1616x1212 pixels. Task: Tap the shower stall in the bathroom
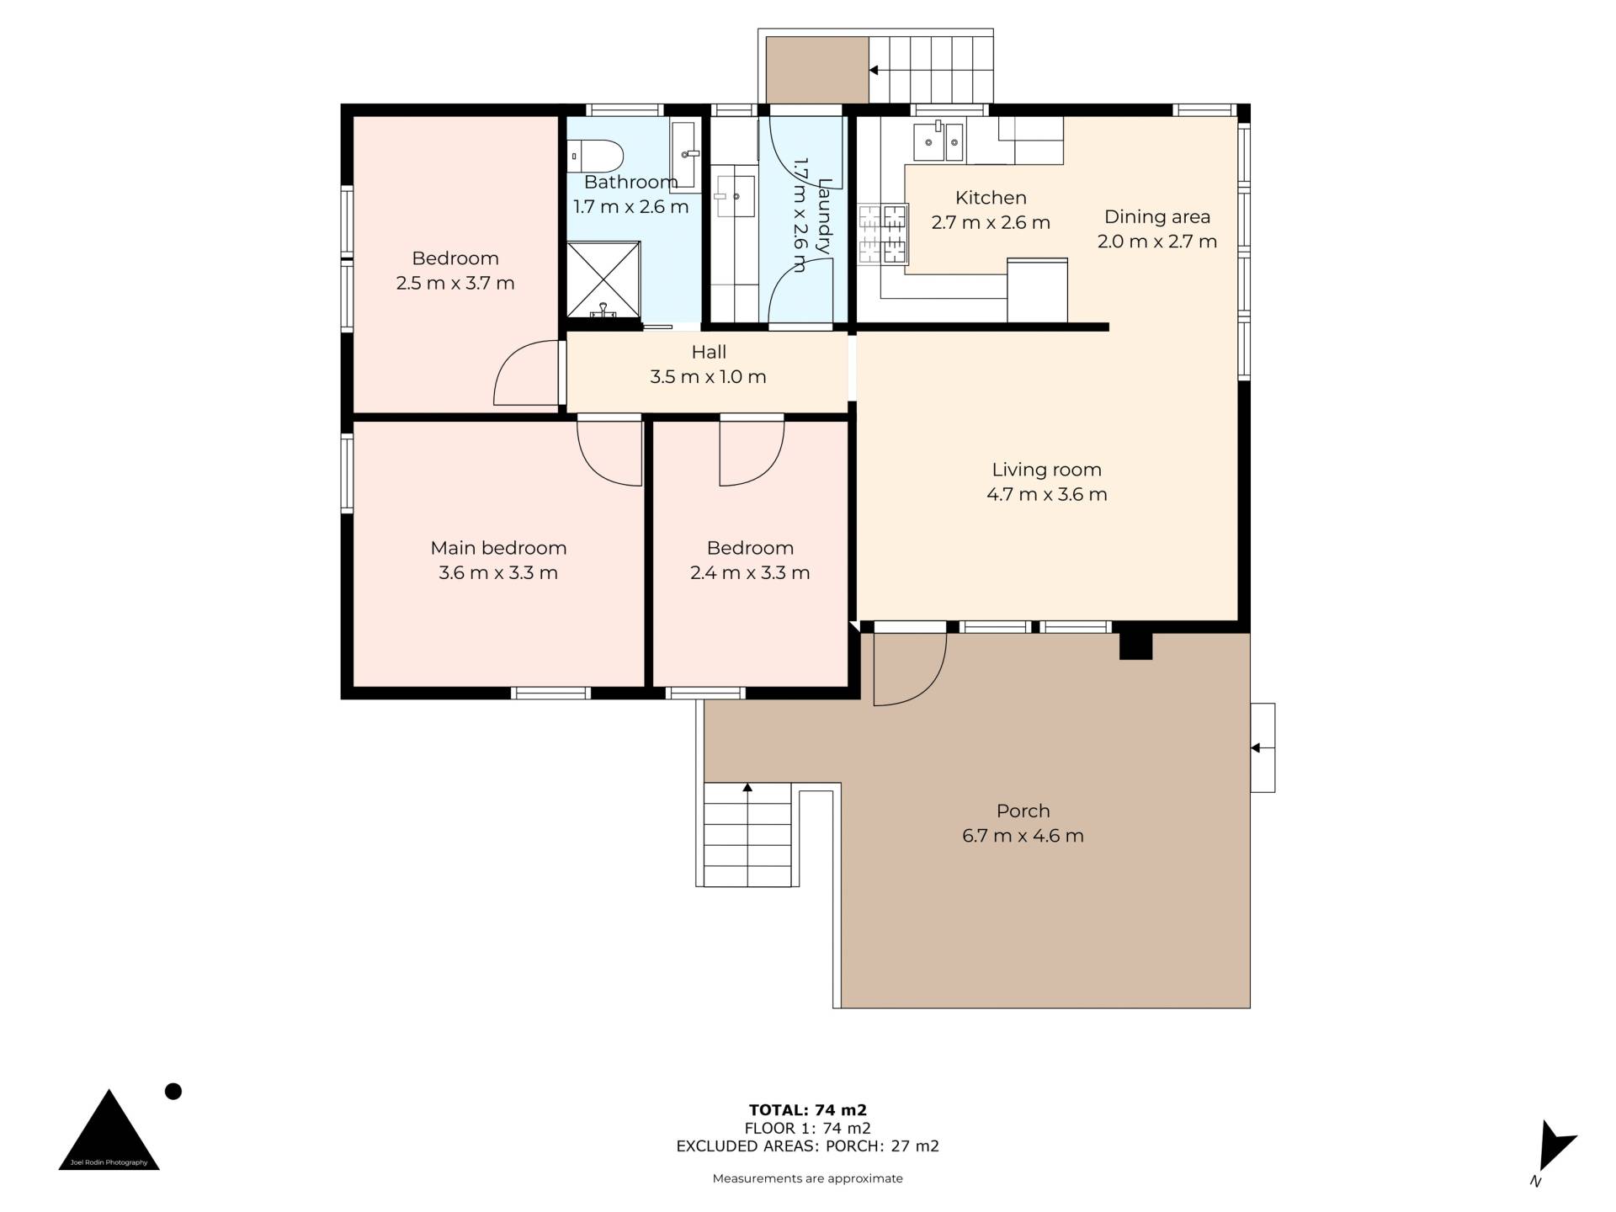click(x=603, y=279)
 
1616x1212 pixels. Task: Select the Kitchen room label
click(x=991, y=198)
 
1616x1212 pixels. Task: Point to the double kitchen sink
click(x=939, y=141)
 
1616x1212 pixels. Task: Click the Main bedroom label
click(x=498, y=548)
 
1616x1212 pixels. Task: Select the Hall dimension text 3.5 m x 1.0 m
click(x=708, y=377)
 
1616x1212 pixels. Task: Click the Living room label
click(x=1046, y=470)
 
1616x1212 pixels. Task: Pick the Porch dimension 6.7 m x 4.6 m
click(x=1023, y=836)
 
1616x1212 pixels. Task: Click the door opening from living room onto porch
click(x=910, y=669)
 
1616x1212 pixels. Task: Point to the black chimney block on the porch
click(x=1135, y=646)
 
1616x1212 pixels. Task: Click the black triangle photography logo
click(x=109, y=1132)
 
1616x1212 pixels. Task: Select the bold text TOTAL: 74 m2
click(x=808, y=1110)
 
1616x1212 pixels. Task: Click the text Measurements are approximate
click(x=808, y=1178)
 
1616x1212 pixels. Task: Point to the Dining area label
click(x=1157, y=216)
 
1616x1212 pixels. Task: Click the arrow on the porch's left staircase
click(x=747, y=788)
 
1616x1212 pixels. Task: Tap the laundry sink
click(x=733, y=197)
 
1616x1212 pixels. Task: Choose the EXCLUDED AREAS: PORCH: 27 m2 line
click(x=808, y=1146)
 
